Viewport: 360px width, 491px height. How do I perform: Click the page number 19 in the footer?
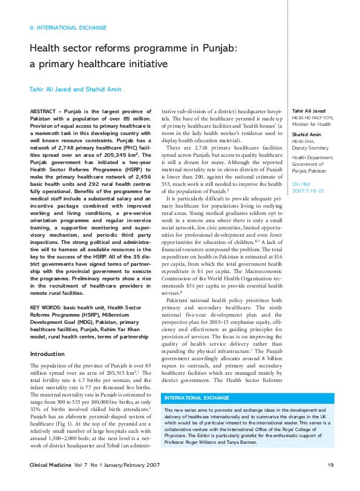pyautogui.click(x=331, y=464)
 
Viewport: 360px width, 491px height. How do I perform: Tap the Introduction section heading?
pyautogui.click(x=47, y=354)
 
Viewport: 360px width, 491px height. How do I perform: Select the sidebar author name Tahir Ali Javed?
pyautogui.click(x=309, y=111)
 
